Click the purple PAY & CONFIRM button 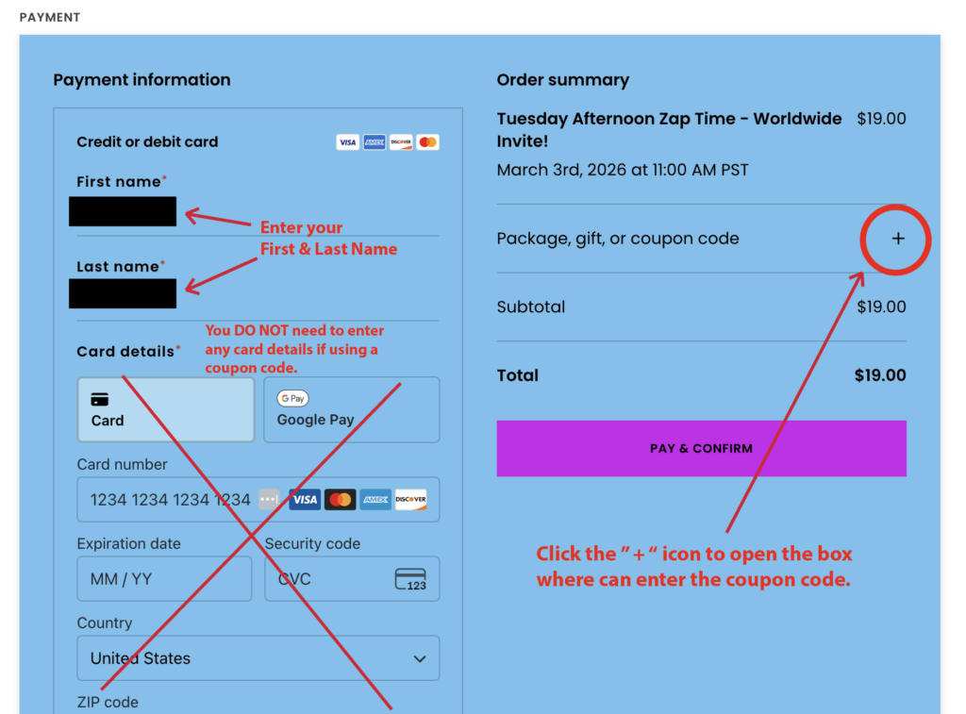(701, 448)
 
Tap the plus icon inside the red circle (897, 239)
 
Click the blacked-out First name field (123, 211)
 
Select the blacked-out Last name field (123, 293)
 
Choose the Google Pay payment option (351, 409)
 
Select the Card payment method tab (165, 409)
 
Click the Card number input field (170, 499)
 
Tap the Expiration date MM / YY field (164, 578)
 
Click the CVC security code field (330, 578)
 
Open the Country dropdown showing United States (258, 658)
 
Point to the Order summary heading (562, 80)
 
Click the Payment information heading (142, 80)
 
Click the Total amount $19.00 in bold (879, 375)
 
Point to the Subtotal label (531, 307)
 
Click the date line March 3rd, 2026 (623, 171)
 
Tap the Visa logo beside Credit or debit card (347, 142)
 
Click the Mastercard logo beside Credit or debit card (427, 142)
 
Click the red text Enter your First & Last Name (328, 239)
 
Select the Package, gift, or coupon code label (618, 239)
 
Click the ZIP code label (108, 702)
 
